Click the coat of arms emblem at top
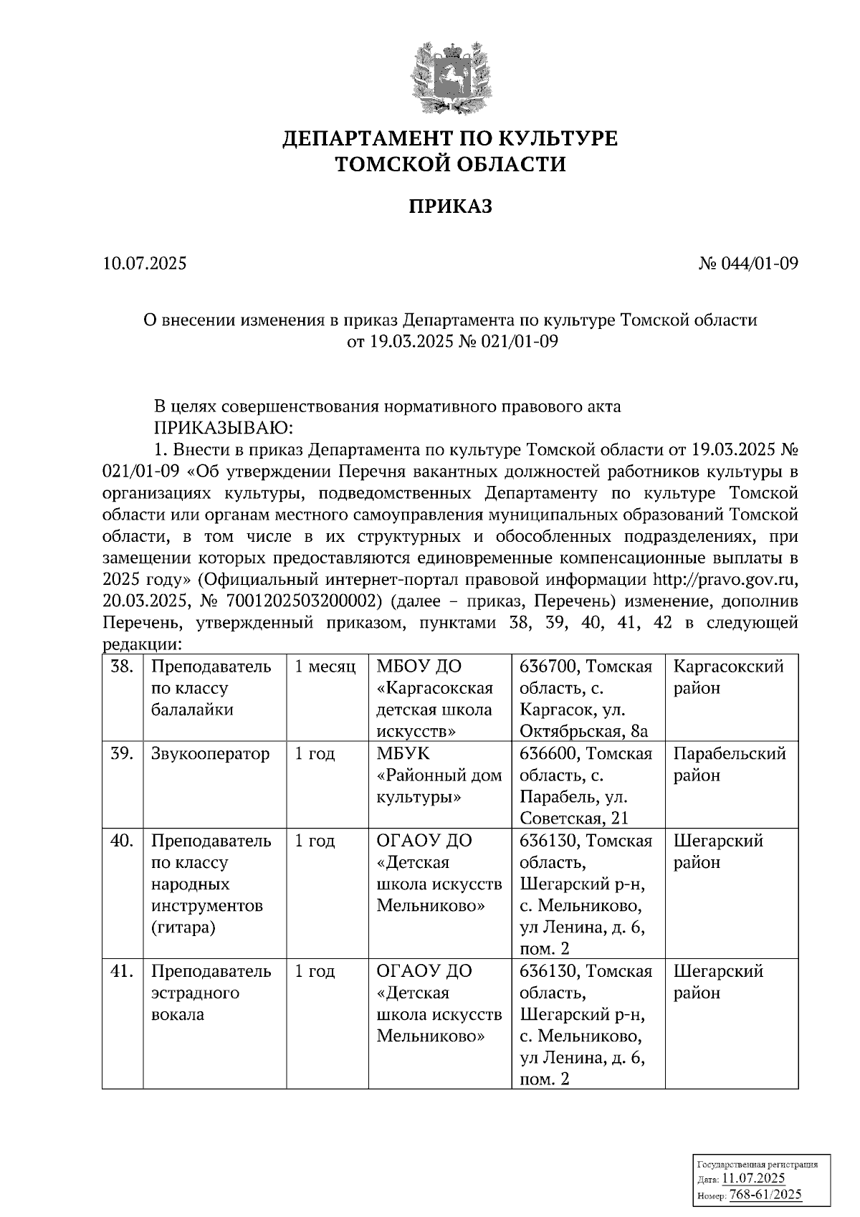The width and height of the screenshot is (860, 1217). click(450, 77)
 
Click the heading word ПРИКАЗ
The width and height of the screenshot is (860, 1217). click(450, 206)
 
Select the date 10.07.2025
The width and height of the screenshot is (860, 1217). click(145, 264)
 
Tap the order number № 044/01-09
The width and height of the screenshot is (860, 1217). click(748, 264)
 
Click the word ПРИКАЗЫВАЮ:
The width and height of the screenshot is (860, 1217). click(224, 429)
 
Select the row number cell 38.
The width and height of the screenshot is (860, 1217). click(123, 667)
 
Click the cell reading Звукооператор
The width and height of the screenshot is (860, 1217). click(211, 754)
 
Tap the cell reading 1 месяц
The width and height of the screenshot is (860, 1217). click(325, 667)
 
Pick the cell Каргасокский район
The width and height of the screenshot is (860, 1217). click(728, 678)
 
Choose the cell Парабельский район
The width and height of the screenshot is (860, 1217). click(730, 765)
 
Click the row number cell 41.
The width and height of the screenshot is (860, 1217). click(123, 972)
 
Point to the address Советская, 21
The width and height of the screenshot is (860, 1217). click(573, 819)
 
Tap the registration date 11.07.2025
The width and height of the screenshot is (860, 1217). click(752, 1178)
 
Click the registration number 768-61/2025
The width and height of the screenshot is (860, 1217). click(765, 1194)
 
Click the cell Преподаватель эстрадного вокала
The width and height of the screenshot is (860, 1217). click(211, 993)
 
